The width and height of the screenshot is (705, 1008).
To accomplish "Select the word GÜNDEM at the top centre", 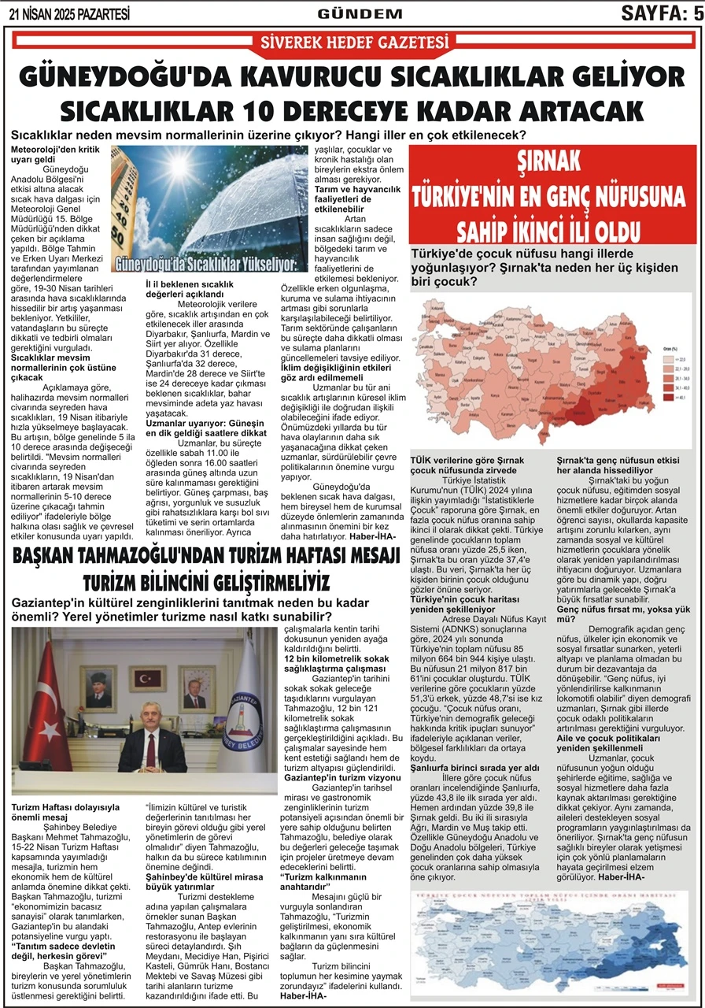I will coord(360,13).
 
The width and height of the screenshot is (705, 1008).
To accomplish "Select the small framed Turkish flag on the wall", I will coord(147,679).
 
